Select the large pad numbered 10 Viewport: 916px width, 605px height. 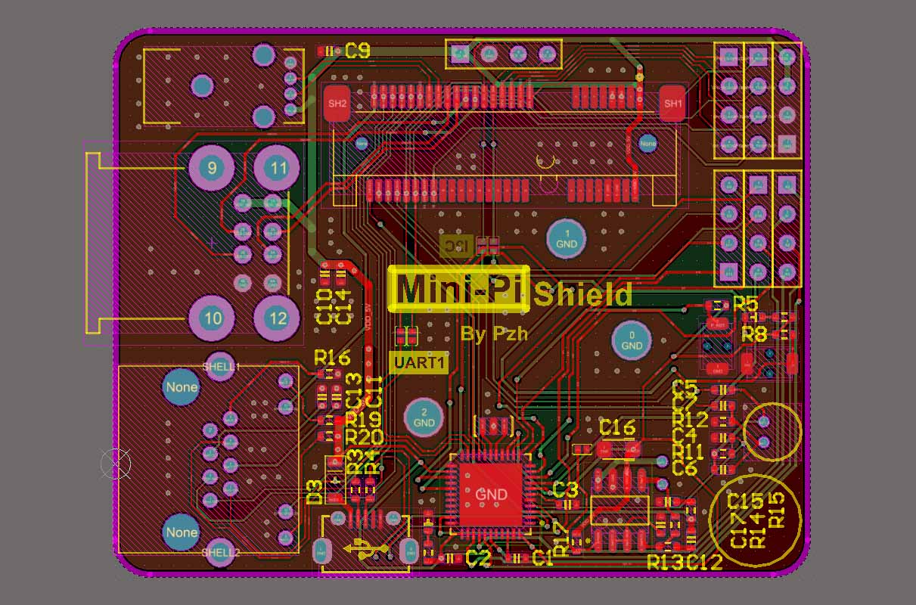213,318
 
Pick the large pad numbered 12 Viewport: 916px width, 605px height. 278,318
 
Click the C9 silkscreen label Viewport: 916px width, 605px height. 357,51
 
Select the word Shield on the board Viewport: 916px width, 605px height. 582,295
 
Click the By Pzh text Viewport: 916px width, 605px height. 494,334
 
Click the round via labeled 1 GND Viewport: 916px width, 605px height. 567,238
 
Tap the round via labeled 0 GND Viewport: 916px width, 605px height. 632,340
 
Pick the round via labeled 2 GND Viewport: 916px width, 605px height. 424,417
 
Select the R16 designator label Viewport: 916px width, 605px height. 332,357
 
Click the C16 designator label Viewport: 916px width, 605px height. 617,428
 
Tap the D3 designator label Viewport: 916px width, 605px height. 315,492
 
